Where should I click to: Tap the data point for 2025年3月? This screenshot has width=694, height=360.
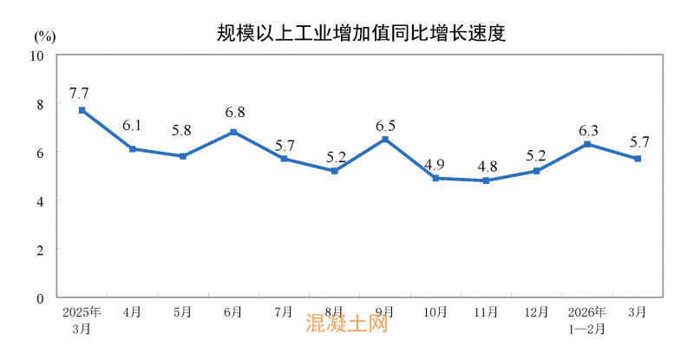click(x=82, y=110)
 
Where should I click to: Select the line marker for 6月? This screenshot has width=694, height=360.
click(x=233, y=132)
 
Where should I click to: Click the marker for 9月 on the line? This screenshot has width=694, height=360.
click(x=385, y=140)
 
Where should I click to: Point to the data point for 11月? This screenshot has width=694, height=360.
click(x=486, y=180)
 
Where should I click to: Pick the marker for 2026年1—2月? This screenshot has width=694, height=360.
click(x=587, y=144)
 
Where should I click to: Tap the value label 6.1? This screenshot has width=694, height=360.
click(x=132, y=126)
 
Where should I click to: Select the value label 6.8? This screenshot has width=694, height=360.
click(x=233, y=112)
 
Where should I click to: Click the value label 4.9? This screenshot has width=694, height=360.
click(x=435, y=161)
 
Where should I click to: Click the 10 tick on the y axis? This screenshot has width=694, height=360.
click(x=37, y=56)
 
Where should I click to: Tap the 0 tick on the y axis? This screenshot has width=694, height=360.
click(x=41, y=298)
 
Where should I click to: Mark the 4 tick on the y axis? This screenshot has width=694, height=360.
click(x=41, y=200)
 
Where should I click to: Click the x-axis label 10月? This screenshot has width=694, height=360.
click(x=435, y=311)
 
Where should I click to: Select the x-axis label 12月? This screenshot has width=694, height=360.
click(x=537, y=311)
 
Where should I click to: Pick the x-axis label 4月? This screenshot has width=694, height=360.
click(x=132, y=311)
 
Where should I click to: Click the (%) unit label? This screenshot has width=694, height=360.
click(x=46, y=36)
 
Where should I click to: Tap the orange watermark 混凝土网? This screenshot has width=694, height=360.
click(x=346, y=325)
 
